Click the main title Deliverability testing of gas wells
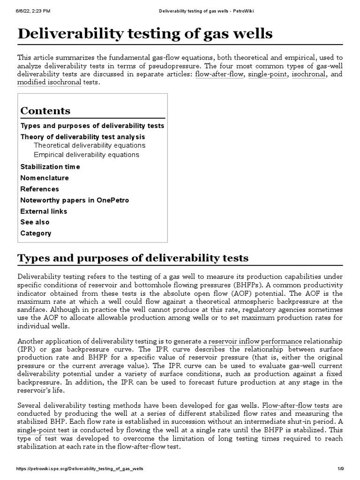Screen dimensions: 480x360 click(144, 34)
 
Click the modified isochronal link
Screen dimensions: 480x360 click(49, 82)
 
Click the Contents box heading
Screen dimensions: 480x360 click(45, 111)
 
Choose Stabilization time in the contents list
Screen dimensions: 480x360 click(50, 167)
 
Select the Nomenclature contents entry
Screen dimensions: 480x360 click(45, 178)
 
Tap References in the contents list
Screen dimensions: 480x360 click(40, 189)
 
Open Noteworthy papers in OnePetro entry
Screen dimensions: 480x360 click(75, 200)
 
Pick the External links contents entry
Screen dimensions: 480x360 click(44, 211)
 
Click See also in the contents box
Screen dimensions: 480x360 click(35, 222)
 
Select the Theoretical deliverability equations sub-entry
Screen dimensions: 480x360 click(90, 145)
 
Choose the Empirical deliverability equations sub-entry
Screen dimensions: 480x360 click(86, 155)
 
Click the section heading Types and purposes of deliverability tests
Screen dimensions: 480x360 click(133, 258)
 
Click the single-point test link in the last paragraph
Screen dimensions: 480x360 click(44, 430)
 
